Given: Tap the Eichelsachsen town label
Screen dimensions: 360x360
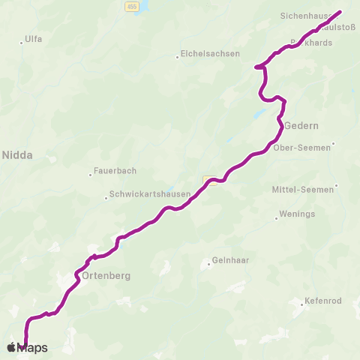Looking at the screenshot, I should pos(210,54).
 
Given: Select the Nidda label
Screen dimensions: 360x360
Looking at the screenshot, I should pos(18,155).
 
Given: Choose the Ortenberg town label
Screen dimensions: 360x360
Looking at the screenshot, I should pos(106,275).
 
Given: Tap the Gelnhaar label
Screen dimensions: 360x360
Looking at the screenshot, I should pos(230,262).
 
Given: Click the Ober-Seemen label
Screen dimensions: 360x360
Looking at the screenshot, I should pos(301,148).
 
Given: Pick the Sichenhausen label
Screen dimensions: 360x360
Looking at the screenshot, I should pos(306,14).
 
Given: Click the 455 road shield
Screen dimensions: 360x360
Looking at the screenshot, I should pos(132,5).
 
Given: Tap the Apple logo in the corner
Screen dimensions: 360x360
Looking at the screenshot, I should pos(11,347).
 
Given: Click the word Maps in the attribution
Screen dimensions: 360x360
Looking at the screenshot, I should pos(32,348).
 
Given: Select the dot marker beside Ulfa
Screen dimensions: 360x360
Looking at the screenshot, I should pos(22,43).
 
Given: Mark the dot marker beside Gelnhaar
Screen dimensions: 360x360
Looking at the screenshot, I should pos(209,263).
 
